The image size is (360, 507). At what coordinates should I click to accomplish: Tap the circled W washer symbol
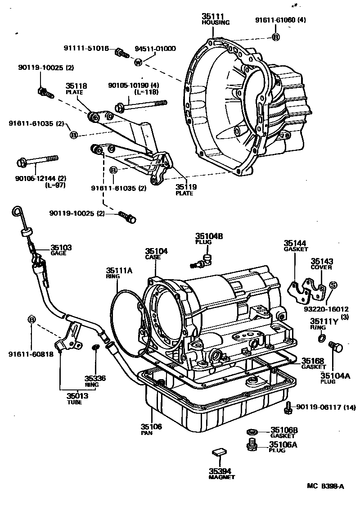(x=138, y=62)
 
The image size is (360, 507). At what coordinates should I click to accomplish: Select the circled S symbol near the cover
(x=333, y=285)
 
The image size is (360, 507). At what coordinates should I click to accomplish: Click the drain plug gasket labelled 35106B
(x=252, y=432)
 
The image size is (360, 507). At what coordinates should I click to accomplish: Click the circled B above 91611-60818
(x=32, y=319)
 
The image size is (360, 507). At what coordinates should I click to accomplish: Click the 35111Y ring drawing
(x=321, y=338)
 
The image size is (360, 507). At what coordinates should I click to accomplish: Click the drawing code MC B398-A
(x=325, y=486)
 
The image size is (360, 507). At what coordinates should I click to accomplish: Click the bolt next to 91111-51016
(x=121, y=53)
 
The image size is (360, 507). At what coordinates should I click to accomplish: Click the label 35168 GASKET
(x=314, y=362)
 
